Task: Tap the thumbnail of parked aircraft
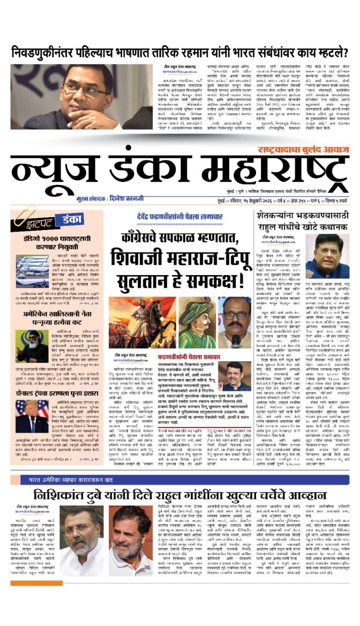pos(31,271)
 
